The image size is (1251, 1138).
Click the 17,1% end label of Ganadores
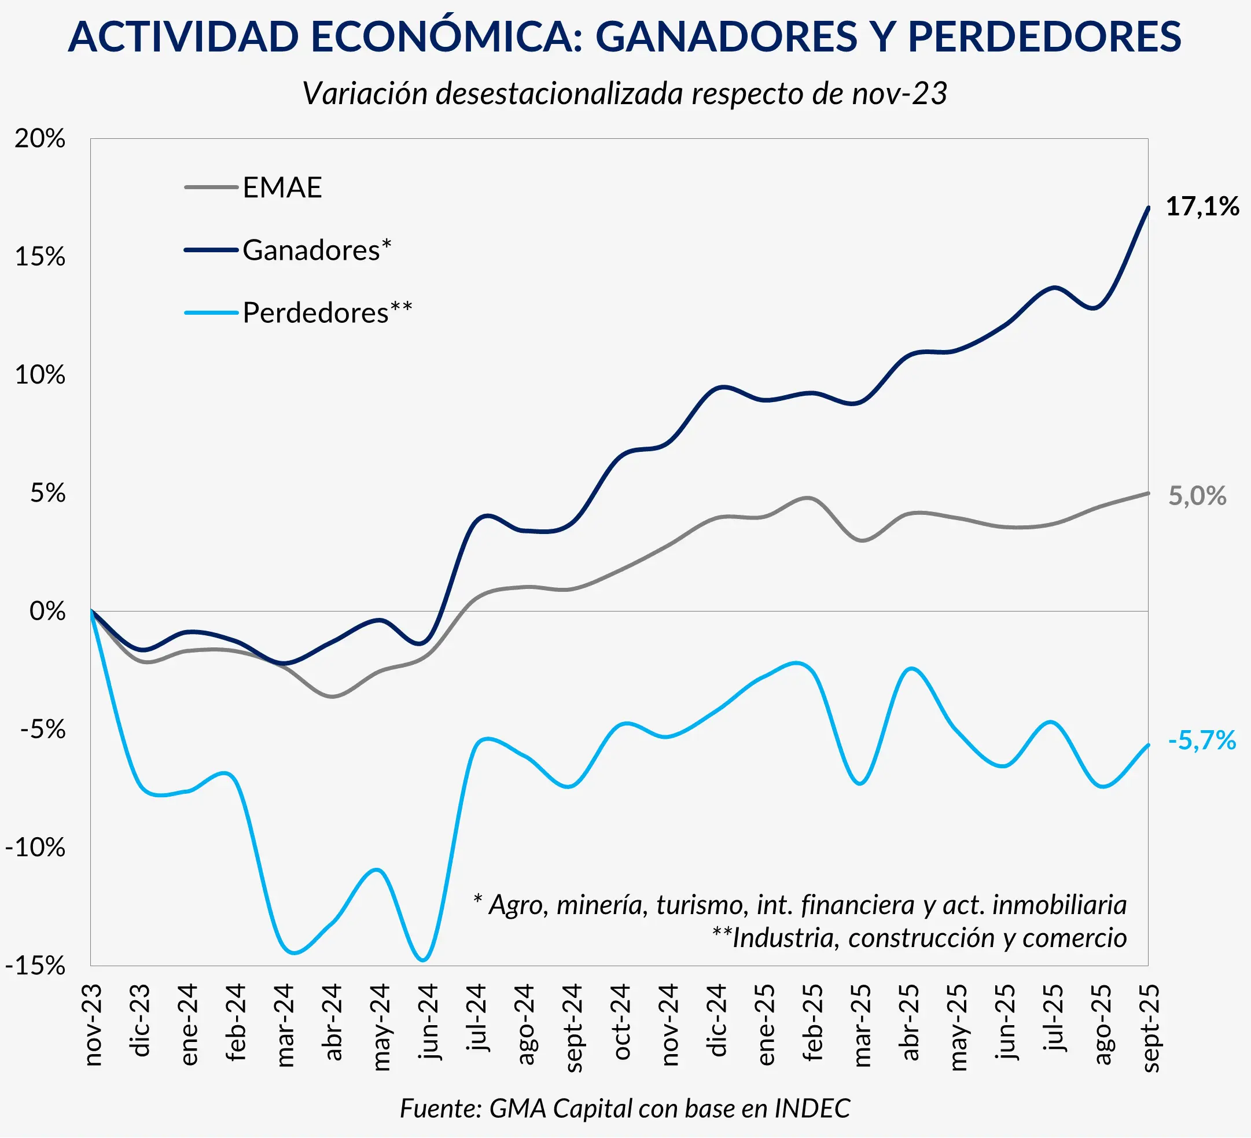pos(1202,207)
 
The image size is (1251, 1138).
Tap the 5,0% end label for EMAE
pos(1197,496)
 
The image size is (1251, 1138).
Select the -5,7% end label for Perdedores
pos(1202,741)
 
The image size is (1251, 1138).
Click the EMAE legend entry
pos(282,187)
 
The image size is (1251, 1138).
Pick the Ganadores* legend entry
pos(317,250)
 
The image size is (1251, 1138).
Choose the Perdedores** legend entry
pos(327,312)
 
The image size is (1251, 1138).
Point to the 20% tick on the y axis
pos(41,138)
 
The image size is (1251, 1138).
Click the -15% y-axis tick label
pos(35,966)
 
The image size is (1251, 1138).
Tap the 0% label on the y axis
pos(47,611)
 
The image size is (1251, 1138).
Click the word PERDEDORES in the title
pos(1044,36)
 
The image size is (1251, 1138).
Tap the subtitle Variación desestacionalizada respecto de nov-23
pos(624,94)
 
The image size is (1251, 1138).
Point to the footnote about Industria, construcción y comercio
pos(919,938)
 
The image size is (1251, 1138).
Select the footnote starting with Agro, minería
pos(800,905)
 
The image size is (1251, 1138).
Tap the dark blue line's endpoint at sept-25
pos(1148,208)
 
